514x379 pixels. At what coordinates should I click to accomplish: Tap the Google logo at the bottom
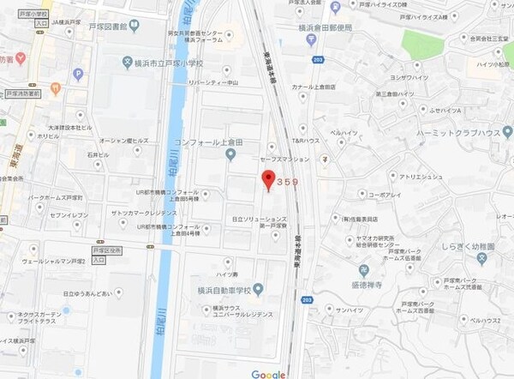pyautogui.click(x=268, y=373)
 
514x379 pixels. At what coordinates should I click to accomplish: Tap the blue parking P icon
pyautogui.click(x=79, y=75)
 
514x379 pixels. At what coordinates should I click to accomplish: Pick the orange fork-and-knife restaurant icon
pyautogui.click(x=56, y=87)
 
